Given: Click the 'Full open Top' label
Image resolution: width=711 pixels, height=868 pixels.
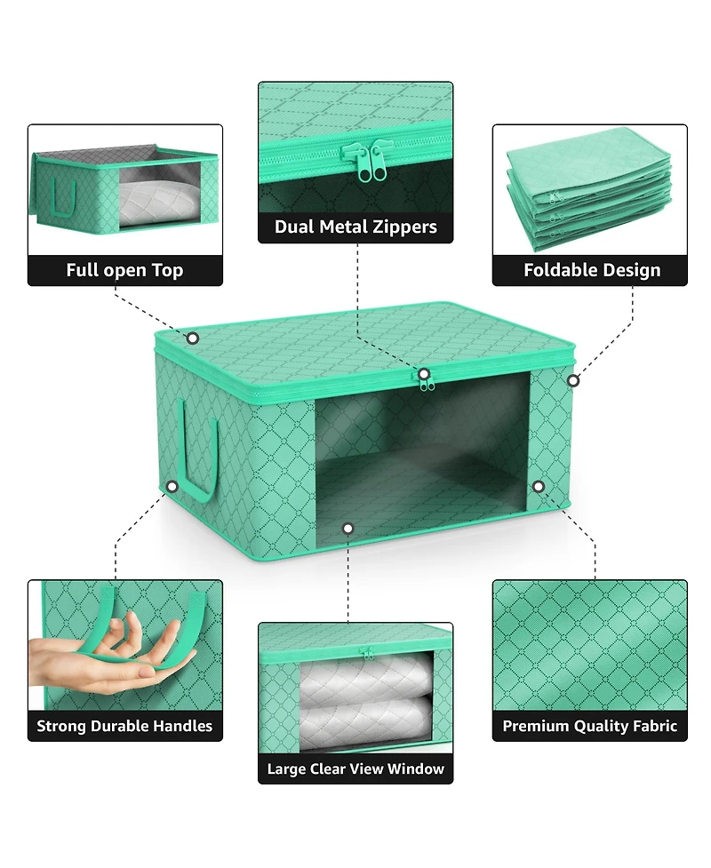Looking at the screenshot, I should (x=124, y=270).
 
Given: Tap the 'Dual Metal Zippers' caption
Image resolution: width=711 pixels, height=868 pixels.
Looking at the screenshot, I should (x=355, y=227).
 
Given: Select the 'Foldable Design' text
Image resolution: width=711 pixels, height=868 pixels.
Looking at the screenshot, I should (x=591, y=270).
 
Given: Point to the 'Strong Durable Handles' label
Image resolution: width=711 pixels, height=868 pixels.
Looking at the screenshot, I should (x=124, y=726).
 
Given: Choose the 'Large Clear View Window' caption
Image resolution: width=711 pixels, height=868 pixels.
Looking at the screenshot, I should (x=355, y=768).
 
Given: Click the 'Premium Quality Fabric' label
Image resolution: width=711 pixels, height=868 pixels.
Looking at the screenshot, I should (x=590, y=726).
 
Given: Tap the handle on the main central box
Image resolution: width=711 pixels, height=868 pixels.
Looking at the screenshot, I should (x=199, y=449).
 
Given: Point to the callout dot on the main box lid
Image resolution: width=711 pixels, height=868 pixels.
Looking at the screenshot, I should (x=192, y=338).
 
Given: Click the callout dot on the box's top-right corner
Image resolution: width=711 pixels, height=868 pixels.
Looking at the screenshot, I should (x=573, y=380).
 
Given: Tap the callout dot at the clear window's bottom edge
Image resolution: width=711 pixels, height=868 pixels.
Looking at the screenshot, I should (x=348, y=529).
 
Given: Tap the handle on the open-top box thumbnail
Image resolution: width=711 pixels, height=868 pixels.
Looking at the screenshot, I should (x=62, y=200).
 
